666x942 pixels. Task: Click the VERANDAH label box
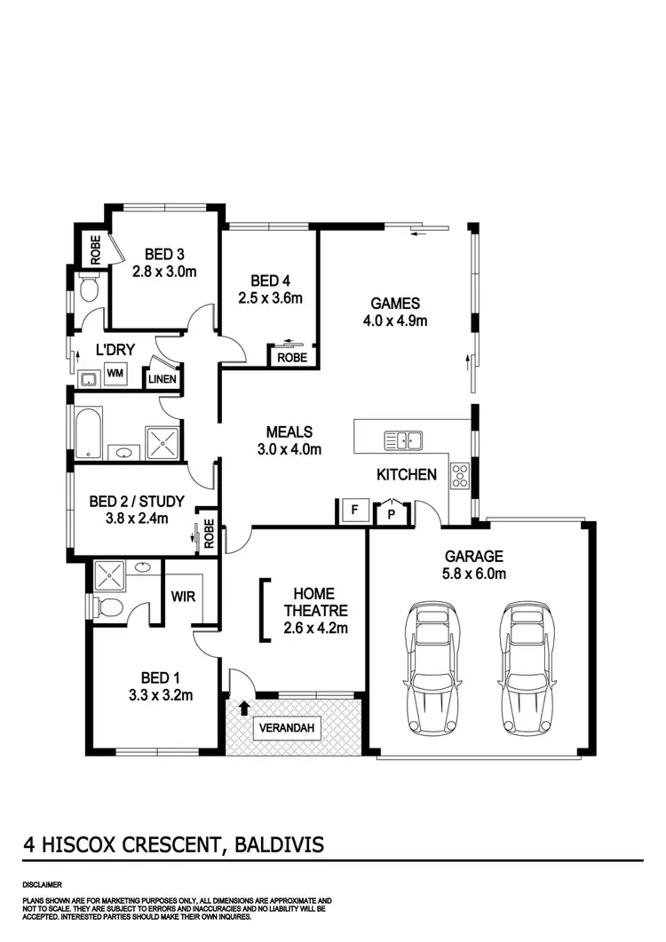[287, 729]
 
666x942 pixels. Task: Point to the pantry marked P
[390, 514]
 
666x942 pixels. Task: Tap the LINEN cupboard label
[165, 380]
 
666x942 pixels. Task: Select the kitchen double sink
[403, 439]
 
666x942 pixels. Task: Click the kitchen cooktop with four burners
[461, 477]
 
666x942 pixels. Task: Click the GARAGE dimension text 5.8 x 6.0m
[475, 574]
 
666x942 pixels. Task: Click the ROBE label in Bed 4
[292, 358]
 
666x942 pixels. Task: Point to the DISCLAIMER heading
[43, 884]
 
